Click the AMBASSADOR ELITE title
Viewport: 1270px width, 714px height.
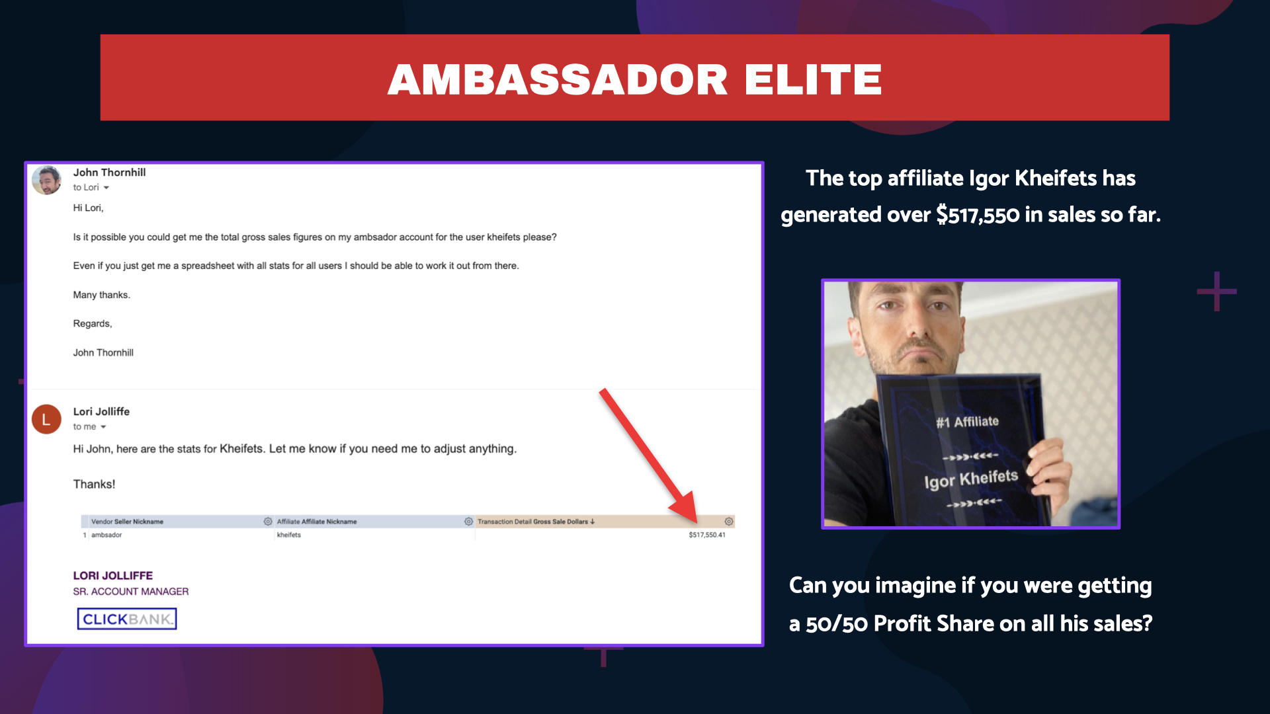click(x=634, y=79)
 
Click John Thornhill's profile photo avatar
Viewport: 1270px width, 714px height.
click(x=47, y=180)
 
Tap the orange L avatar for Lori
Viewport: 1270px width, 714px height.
click(x=46, y=419)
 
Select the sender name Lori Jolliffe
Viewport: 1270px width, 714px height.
click(x=101, y=411)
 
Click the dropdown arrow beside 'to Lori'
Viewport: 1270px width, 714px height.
click(x=106, y=188)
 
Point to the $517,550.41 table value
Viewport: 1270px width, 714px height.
click(x=707, y=535)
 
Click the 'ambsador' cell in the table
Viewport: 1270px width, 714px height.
click(x=106, y=535)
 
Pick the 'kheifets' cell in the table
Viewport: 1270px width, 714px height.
click(x=289, y=535)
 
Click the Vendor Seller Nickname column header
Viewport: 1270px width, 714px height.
click(x=127, y=522)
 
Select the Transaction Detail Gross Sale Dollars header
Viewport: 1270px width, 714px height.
click(x=532, y=522)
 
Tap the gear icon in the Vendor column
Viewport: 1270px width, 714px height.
click(x=268, y=522)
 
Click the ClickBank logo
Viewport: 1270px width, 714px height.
click(x=127, y=619)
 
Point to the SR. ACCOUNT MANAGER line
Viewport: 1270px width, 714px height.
click(x=131, y=592)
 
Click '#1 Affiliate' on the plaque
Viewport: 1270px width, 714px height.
click(x=967, y=422)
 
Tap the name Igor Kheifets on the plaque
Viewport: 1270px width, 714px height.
click(x=971, y=479)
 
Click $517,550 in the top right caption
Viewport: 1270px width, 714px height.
click(x=978, y=215)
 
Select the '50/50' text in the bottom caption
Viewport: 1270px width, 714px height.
click(x=837, y=624)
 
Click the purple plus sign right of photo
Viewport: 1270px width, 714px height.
click(x=1216, y=291)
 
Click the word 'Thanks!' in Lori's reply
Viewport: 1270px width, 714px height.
click(x=94, y=485)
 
